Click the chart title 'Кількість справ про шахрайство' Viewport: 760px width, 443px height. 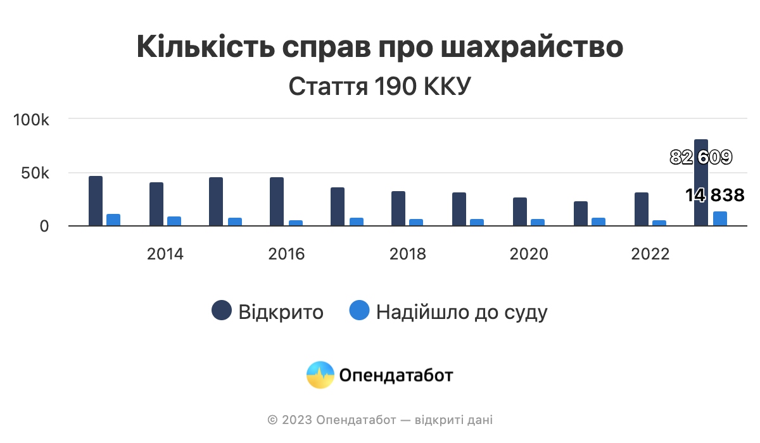pyautogui.click(x=380, y=48)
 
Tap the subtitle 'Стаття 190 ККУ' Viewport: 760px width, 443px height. pyautogui.click(x=380, y=87)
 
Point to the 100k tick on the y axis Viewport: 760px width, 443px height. pyautogui.click(x=32, y=120)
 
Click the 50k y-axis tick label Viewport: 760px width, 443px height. pyautogui.click(x=35, y=173)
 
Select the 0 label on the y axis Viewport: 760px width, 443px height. pyautogui.click(x=44, y=227)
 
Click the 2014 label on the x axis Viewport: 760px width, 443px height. pyautogui.click(x=165, y=254)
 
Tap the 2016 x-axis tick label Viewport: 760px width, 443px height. pyautogui.click(x=286, y=254)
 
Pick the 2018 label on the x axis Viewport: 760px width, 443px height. pyautogui.click(x=408, y=254)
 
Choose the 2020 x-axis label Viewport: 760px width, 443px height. pyautogui.click(x=529, y=254)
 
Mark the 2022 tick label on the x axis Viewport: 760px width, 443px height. pyautogui.click(x=650, y=254)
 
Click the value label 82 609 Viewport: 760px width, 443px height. pyautogui.click(x=701, y=158)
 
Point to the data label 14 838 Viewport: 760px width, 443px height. pyautogui.click(x=714, y=196)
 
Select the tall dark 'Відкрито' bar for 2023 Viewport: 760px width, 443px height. pyautogui.click(x=701, y=190)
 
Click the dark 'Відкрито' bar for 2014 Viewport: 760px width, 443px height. pyautogui.click(x=156, y=204)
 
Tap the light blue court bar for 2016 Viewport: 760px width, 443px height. pyautogui.click(x=296, y=223)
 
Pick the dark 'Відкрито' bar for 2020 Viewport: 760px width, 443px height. pyautogui.click(x=520, y=211)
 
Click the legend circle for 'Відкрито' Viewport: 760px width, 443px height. pyautogui.click(x=222, y=311)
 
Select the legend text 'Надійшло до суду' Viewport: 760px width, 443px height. pyautogui.click(x=462, y=312)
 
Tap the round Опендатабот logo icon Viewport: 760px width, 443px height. pyautogui.click(x=320, y=375)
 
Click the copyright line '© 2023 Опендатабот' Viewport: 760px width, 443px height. pyautogui.click(x=380, y=420)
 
